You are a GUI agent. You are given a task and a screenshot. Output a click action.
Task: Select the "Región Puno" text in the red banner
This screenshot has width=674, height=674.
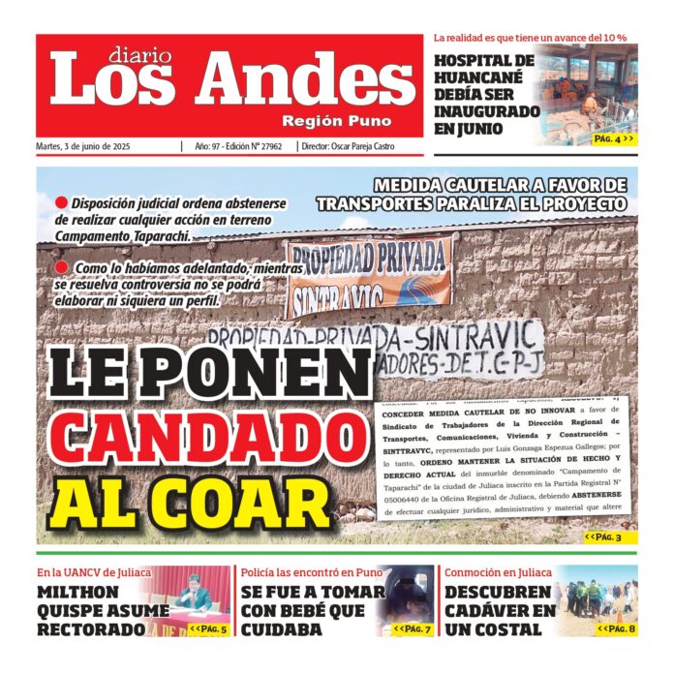(x=337, y=121)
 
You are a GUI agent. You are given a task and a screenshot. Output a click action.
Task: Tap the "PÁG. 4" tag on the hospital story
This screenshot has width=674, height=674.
(x=613, y=138)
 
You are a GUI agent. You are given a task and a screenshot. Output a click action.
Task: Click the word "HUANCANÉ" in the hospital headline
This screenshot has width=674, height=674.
(x=477, y=78)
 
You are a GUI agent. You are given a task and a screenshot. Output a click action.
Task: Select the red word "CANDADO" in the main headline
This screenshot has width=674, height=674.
(x=195, y=437)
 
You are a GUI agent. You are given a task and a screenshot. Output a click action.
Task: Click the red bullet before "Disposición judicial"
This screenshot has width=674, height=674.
(x=61, y=203)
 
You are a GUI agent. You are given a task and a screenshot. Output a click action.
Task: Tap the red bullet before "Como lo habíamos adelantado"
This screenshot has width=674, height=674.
(x=61, y=266)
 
